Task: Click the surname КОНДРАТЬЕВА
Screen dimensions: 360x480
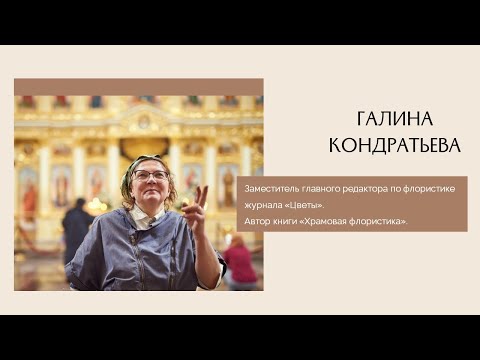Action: click(395, 146)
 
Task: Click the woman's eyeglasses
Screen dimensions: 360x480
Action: click(150, 176)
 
